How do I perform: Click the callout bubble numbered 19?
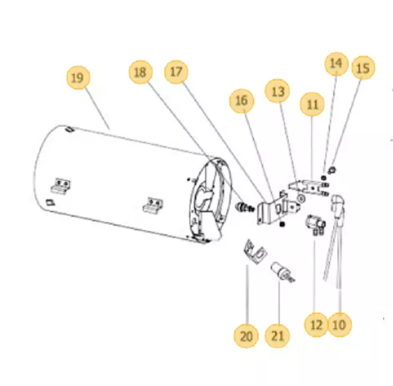(x=77, y=78)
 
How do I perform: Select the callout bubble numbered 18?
(x=140, y=72)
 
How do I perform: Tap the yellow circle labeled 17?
(x=176, y=72)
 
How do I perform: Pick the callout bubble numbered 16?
(x=242, y=101)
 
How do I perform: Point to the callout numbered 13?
(x=277, y=91)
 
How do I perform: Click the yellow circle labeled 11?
(x=313, y=104)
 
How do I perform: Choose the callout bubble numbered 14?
(x=336, y=64)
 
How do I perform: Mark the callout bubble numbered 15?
(x=363, y=68)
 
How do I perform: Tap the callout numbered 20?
(x=246, y=336)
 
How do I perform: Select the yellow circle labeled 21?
(x=277, y=336)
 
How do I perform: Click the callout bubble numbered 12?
(x=316, y=325)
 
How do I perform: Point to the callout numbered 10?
(x=340, y=325)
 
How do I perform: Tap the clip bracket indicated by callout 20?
(x=255, y=252)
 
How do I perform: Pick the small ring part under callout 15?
(x=332, y=170)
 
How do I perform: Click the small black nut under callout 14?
(x=324, y=178)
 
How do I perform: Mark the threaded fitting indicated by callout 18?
(x=245, y=207)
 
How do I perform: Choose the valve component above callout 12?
(x=315, y=224)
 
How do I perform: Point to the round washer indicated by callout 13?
(x=301, y=198)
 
